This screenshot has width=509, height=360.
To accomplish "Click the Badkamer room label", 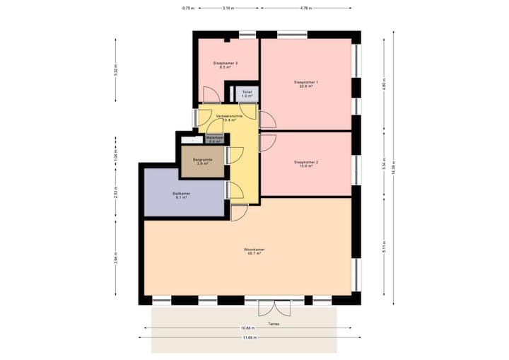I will [x=181, y=195].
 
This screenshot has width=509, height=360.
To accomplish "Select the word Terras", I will [x=274, y=325].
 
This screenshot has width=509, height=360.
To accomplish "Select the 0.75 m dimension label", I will [x=187, y=8].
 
